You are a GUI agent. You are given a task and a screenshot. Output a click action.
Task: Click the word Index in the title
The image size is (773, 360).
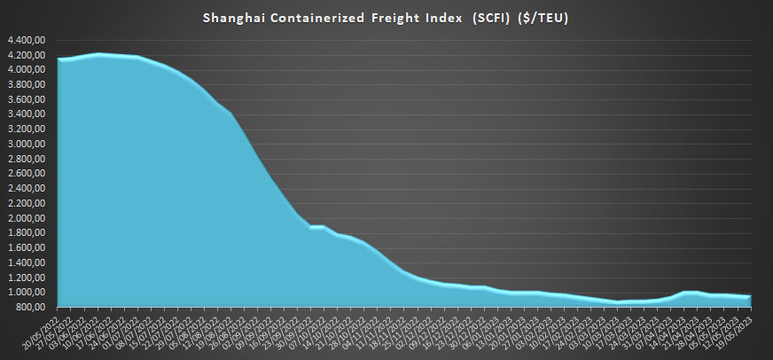click(x=441, y=17)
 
